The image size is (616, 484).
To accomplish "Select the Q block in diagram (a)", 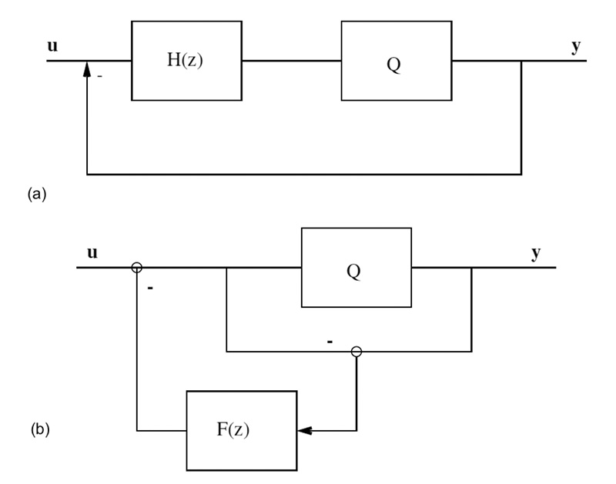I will (x=396, y=61).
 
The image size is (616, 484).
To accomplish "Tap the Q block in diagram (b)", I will (x=356, y=268).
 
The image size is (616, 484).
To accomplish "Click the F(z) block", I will (x=240, y=430).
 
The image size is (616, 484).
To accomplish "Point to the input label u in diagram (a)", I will (x=52, y=45).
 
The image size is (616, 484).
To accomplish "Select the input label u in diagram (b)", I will (x=92, y=252).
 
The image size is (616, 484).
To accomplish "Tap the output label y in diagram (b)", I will (x=536, y=253).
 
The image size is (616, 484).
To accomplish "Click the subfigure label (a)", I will (x=36, y=195).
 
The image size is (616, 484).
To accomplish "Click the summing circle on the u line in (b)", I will (x=136, y=268).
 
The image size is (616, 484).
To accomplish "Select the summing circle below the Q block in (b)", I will (x=356, y=352).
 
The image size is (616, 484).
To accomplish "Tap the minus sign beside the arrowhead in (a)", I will (x=99, y=76).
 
